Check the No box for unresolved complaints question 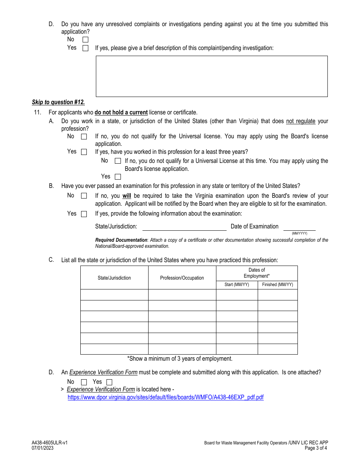(85, 39)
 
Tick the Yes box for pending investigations (85, 48)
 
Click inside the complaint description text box (211, 76)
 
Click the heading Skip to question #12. (58, 102)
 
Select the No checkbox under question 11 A (84, 137)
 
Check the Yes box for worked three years (118, 177)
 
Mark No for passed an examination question (84, 196)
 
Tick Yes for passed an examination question (84, 214)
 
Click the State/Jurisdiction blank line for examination (184, 227)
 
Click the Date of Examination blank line (299, 227)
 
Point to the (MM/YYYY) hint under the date (299, 233)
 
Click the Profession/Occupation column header (182, 278)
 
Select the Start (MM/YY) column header (237, 285)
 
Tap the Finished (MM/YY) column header (277, 285)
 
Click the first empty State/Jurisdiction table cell (114, 295)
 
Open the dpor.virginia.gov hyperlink (166, 397)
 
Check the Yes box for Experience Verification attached (109, 382)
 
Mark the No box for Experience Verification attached (84, 382)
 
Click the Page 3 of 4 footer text (316, 448)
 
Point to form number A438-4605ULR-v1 (50, 443)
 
